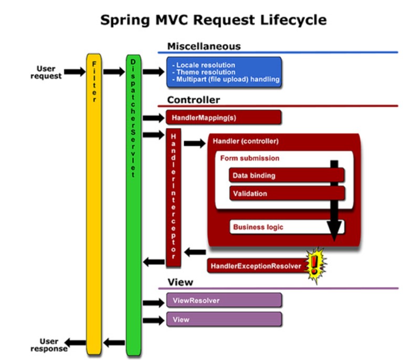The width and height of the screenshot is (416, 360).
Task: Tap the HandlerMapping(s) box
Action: tap(223, 118)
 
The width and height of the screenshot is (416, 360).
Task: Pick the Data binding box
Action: tap(286, 175)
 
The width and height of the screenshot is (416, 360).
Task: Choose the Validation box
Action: tap(286, 194)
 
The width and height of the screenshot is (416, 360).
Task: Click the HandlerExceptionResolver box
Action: tap(255, 266)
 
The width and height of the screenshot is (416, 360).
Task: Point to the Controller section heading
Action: tap(194, 100)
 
